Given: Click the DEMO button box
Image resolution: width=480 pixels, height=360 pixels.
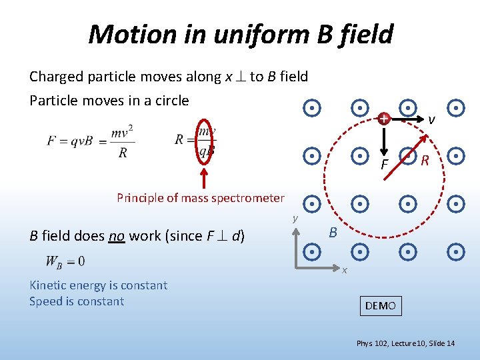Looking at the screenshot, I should coord(381,306).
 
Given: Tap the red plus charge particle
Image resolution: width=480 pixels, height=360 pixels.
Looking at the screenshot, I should coord(383,119).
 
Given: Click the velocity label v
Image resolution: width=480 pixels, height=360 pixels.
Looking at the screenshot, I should coord(431,120).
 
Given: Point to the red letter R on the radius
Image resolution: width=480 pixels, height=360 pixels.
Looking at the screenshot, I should coord(425,159).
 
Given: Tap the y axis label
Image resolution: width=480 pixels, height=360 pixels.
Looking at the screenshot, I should coord(294,218).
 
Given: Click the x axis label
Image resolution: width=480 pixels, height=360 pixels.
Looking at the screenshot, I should coord(345,269).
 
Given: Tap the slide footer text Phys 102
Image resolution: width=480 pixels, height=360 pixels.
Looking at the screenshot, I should coord(373,343).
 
